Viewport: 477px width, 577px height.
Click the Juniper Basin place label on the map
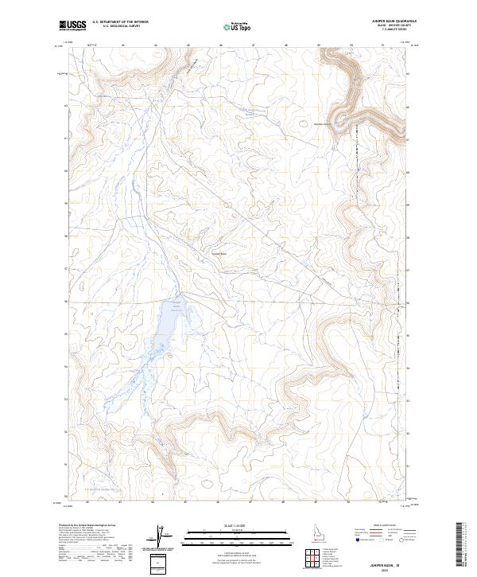point(219,255)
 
